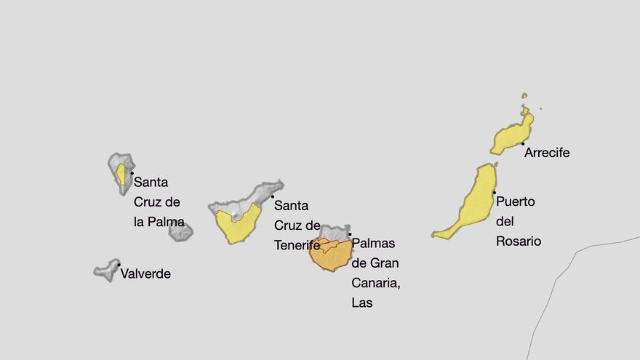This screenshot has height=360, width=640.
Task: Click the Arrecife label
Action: pyautogui.click(x=547, y=153)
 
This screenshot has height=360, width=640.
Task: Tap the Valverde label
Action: pyautogui.click(x=145, y=274)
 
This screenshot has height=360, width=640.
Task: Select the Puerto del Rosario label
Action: pyautogui.click(x=518, y=221)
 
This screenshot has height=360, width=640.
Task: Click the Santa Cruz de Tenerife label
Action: pyautogui.click(x=297, y=225)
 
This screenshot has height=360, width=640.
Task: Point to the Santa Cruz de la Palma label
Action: pyautogui.click(x=159, y=202)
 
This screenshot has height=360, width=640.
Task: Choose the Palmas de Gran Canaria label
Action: pyautogui.click(x=375, y=273)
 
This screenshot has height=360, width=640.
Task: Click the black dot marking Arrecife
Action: pyautogui.click(x=522, y=144)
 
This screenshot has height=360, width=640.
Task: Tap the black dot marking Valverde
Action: pyautogui.click(x=119, y=265)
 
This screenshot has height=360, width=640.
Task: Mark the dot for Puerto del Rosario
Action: pyautogui.click(x=495, y=193)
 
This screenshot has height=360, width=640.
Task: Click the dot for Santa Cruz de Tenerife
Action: pyautogui.click(x=273, y=196)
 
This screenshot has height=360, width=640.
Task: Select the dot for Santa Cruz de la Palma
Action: pyautogui.click(x=132, y=173)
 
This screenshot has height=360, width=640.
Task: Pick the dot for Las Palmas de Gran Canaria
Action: pyautogui.click(x=349, y=234)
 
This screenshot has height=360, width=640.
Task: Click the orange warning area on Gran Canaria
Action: pyautogui.click(x=331, y=256)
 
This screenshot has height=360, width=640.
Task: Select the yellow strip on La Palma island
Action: pyautogui.click(x=121, y=175)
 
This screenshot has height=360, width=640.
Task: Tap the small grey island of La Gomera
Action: pyautogui.click(x=180, y=232)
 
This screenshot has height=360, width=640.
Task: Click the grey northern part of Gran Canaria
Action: pyautogui.click(x=335, y=233)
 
